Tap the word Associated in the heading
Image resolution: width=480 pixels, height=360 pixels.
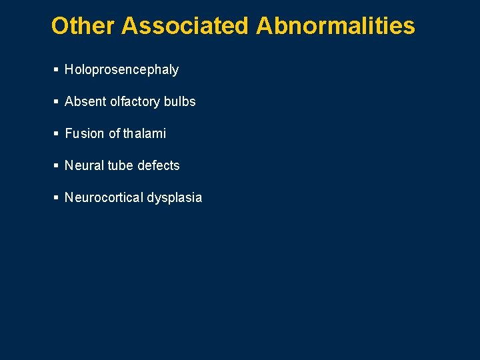click(x=185, y=26)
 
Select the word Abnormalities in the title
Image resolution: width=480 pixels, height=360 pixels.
click(x=335, y=26)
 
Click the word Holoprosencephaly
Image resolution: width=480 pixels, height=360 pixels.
click(x=121, y=70)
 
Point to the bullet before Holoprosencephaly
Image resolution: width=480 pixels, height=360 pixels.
click(x=56, y=69)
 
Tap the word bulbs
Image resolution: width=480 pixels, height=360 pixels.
click(x=179, y=101)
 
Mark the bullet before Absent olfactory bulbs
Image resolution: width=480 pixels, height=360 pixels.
click(x=56, y=101)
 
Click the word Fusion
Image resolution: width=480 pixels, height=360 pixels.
click(x=85, y=133)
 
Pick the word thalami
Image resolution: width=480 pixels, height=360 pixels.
click(x=145, y=133)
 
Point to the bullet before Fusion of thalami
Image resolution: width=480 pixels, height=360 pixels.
click(x=56, y=133)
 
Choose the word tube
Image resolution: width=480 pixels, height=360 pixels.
click(x=120, y=165)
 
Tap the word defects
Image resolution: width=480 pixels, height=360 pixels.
click(x=158, y=165)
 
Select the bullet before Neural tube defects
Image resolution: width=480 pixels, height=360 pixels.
click(x=56, y=165)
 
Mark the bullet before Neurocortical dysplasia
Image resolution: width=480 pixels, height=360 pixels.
click(x=56, y=197)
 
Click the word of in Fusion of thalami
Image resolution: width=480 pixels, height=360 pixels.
click(x=114, y=133)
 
